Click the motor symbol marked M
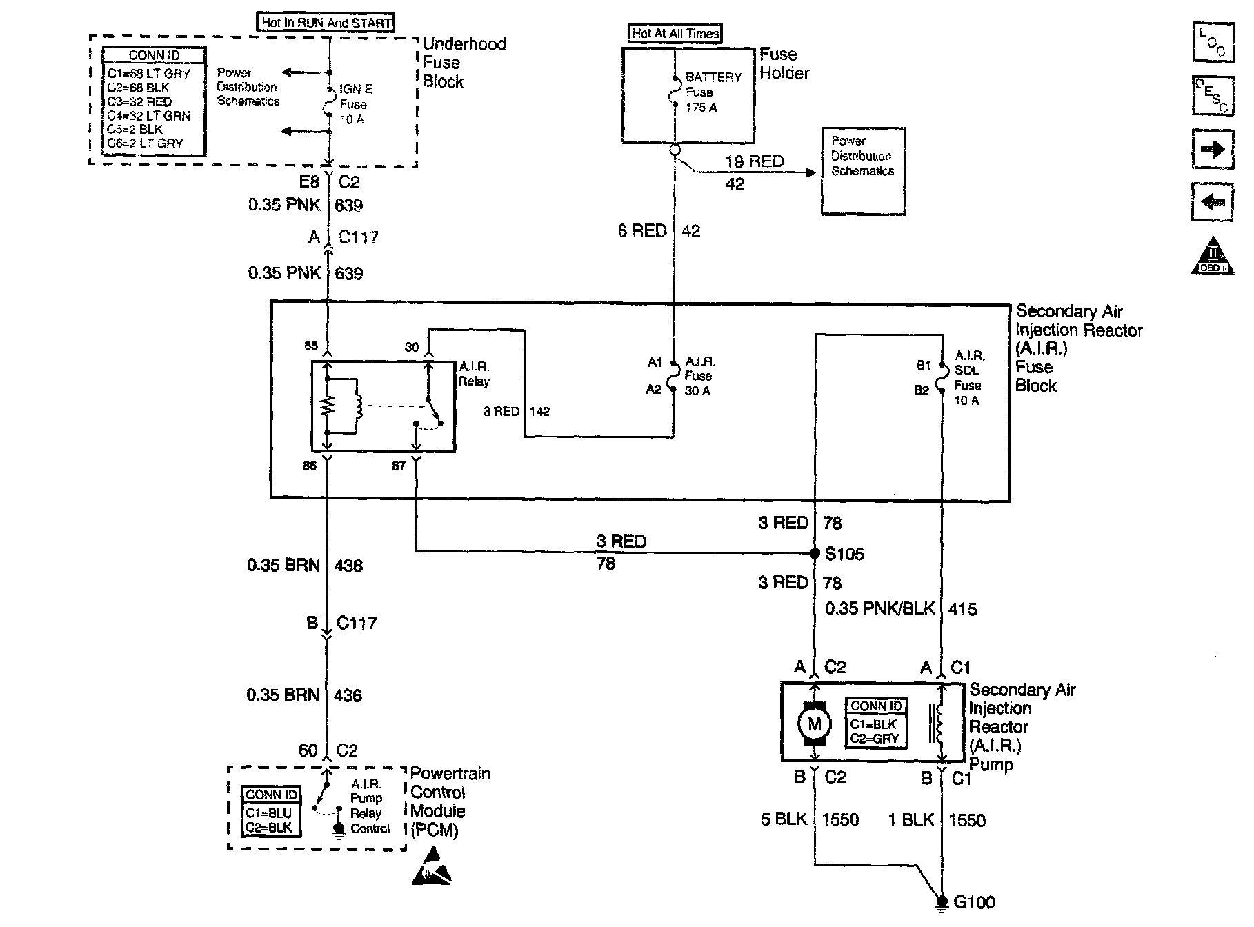[815, 724]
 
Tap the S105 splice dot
[815, 553]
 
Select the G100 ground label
[974, 901]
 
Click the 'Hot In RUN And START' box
[326, 22]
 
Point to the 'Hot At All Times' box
[675, 33]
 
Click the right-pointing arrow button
[1212, 150]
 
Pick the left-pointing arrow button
[1212, 202]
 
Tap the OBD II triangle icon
[1212, 258]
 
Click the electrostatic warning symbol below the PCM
[432, 868]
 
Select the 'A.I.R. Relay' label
[475, 374]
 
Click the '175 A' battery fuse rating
[701, 108]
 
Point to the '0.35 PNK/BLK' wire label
[880, 608]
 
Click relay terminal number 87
[399, 466]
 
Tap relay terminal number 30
[412, 347]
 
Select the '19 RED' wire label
[755, 161]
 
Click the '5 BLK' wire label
[784, 819]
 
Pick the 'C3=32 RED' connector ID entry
[139, 101]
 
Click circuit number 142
[539, 412]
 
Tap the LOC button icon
[1212, 43]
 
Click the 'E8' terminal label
[309, 182]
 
